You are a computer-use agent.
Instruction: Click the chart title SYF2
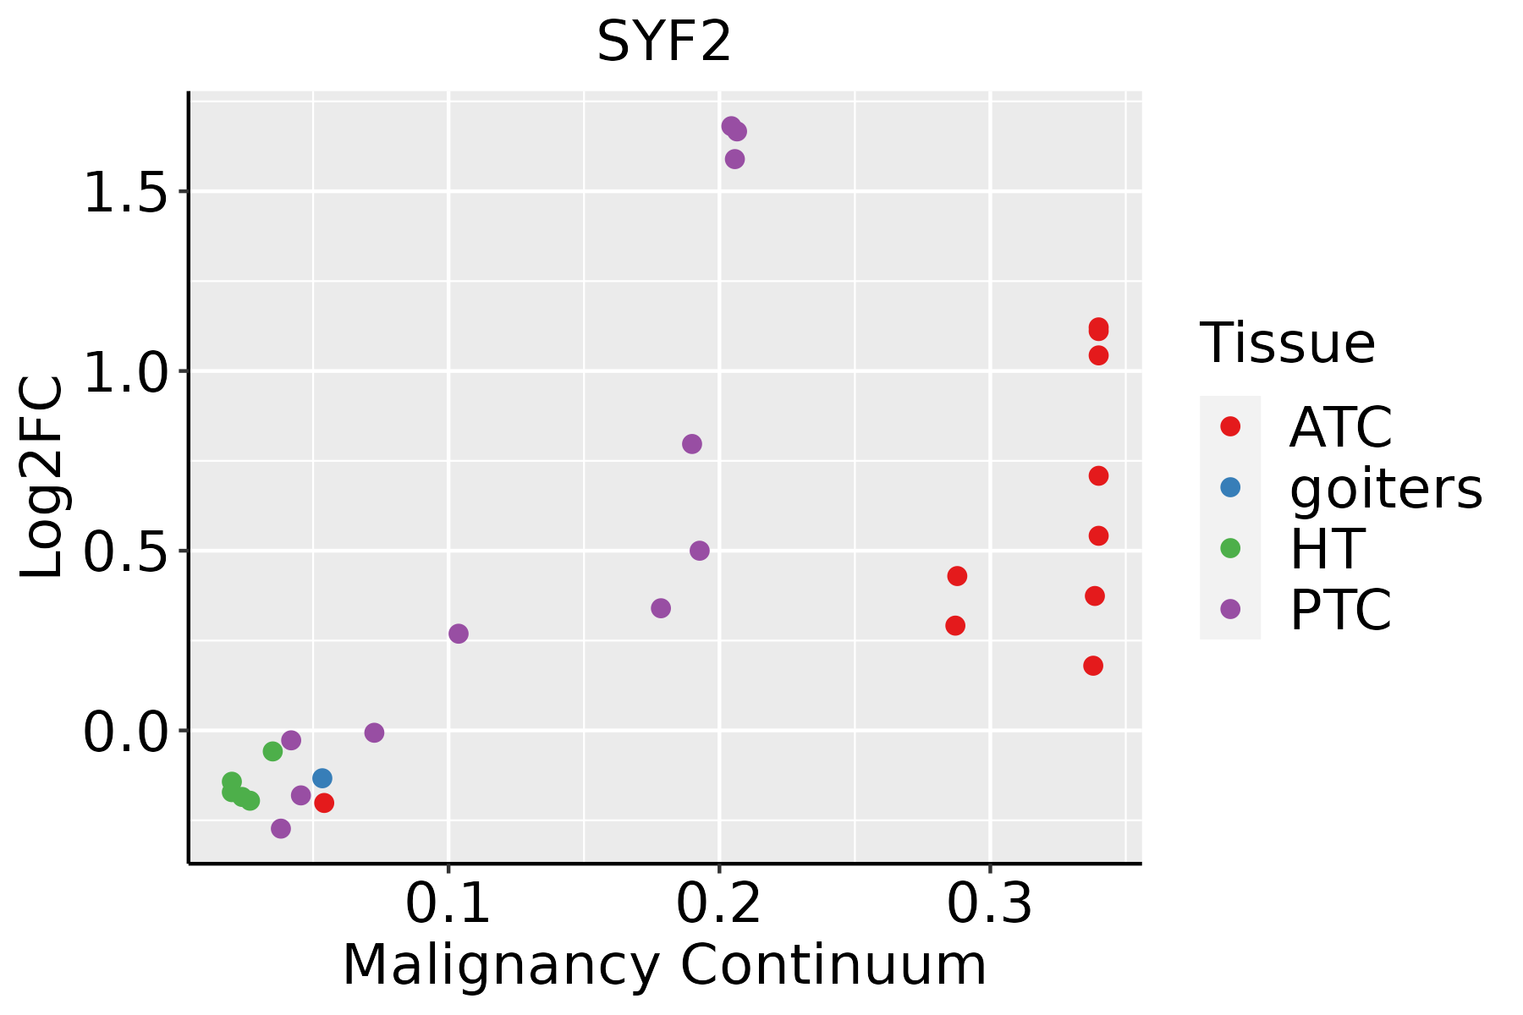[x=663, y=42]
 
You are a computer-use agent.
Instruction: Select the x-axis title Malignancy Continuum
[x=664, y=965]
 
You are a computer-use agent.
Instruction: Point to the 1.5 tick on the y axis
[x=125, y=192]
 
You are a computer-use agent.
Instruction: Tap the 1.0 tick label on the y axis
[x=125, y=371]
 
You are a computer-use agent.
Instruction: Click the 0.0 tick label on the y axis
[x=125, y=731]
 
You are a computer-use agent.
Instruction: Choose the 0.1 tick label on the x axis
[x=448, y=904]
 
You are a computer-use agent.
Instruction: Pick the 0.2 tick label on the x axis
[x=719, y=904]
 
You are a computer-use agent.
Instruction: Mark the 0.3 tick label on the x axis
[x=989, y=904]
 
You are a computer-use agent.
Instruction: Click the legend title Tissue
[x=1288, y=343]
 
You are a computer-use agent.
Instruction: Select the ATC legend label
[x=1340, y=427]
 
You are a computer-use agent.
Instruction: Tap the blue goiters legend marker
[x=1230, y=487]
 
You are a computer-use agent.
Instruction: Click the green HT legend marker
[x=1230, y=548]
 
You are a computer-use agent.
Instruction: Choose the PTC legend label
[x=1340, y=609]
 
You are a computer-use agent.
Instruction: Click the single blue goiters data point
[x=322, y=778]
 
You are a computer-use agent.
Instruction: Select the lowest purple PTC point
[x=281, y=828]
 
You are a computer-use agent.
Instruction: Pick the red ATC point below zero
[x=324, y=803]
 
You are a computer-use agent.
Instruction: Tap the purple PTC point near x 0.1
[x=459, y=634]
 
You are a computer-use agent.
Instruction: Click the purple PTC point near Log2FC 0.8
[x=692, y=444]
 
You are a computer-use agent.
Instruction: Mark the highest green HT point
[x=272, y=751]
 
